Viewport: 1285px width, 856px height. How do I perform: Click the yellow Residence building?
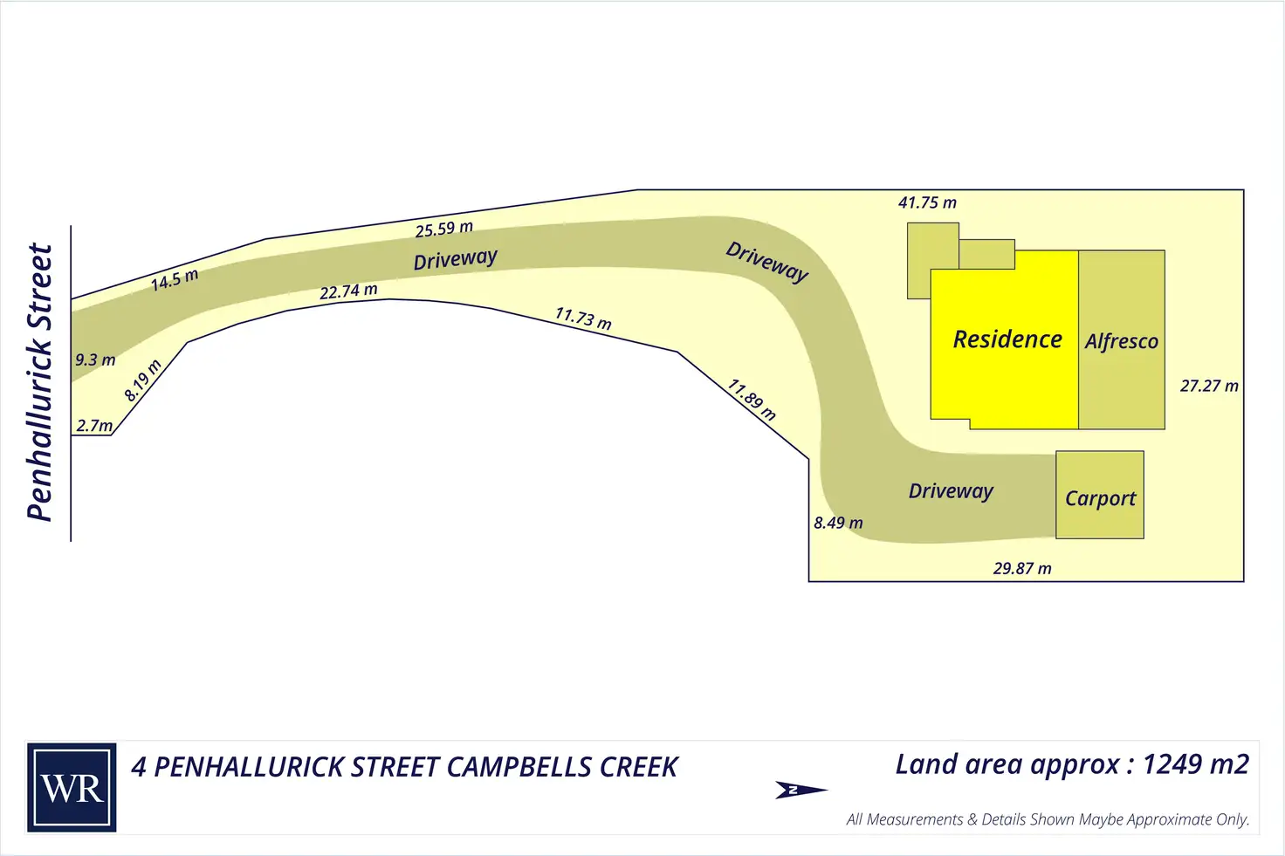[1004, 340]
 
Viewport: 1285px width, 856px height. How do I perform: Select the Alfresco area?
[1122, 341]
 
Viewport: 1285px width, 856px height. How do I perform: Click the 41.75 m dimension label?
[927, 203]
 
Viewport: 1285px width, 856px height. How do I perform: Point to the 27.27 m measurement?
[1209, 386]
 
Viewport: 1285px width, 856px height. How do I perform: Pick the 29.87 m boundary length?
[1022, 569]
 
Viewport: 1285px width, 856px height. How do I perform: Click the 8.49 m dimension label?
[838, 523]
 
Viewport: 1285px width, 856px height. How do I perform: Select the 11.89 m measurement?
[752, 400]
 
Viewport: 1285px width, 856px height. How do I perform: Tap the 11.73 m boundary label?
[583, 318]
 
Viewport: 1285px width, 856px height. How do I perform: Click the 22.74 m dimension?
[348, 291]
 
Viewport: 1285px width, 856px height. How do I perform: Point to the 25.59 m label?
[443, 229]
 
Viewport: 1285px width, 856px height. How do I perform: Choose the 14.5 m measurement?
[175, 280]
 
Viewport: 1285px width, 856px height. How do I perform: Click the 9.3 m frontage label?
[95, 360]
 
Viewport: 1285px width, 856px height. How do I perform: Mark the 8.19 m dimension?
[142, 380]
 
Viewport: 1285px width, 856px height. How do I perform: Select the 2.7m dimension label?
[94, 426]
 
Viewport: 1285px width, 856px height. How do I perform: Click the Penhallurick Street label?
[40, 382]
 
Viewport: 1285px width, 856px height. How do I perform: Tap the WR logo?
[72, 788]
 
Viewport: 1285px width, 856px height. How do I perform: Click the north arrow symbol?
[800, 790]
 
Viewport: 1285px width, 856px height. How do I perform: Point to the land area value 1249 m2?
[1195, 764]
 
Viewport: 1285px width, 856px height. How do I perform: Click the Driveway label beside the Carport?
[951, 491]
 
